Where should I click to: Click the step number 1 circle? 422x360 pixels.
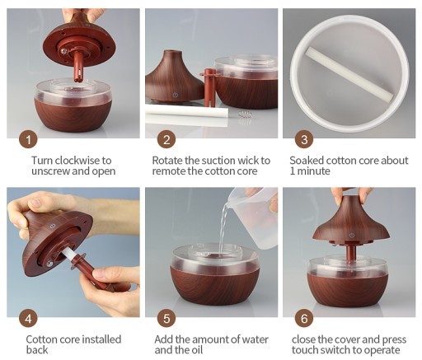pyautogui.click(x=28, y=140)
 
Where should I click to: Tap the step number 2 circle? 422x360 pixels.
pyautogui.click(x=166, y=140)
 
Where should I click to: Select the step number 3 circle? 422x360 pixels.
pyautogui.click(x=304, y=140)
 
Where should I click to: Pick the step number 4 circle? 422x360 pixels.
pyautogui.click(x=28, y=319)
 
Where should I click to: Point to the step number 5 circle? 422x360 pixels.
pyautogui.click(x=166, y=319)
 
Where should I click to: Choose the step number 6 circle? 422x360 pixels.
pyautogui.click(x=304, y=319)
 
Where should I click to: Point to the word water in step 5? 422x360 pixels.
pyautogui.click(x=255, y=339)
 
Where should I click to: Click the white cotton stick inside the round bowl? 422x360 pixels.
pyautogui.click(x=349, y=73)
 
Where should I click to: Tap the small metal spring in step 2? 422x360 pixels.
pyautogui.click(x=243, y=114)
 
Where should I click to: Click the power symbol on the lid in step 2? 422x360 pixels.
pyautogui.click(x=176, y=96)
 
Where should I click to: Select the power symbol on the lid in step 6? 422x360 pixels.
pyautogui.click(x=352, y=235)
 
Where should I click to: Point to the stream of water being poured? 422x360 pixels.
pyautogui.click(x=223, y=225)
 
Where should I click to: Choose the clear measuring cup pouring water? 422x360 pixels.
pyautogui.click(x=251, y=216)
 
